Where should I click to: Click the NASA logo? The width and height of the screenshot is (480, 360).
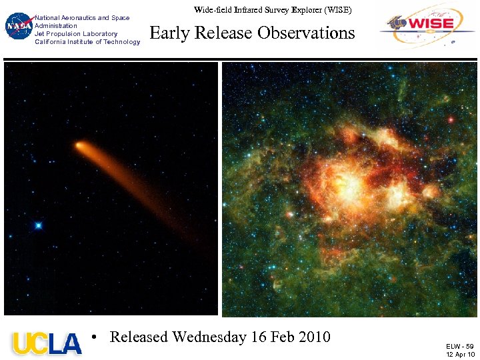pyautogui.click(x=18, y=27)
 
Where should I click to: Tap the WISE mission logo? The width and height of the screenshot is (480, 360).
pyautogui.click(x=427, y=25)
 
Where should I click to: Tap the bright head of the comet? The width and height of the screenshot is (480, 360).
pyautogui.click(x=79, y=145)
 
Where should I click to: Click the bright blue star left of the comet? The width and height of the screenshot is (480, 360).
pyautogui.click(x=39, y=225)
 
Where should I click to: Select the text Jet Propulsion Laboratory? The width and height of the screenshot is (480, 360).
pyautogui.click(x=76, y=33)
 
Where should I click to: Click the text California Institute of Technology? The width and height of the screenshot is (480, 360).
pyautogui.click(x=87, y=41)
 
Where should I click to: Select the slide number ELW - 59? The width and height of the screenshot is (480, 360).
pyautogui.click(x=459, y=346)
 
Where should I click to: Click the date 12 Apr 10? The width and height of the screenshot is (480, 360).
pyautogui.click(x=460, y=354)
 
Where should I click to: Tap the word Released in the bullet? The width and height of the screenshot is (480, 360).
pyautogui.click(x=139, y=337)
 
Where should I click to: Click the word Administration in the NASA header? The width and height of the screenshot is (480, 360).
pyautogui.click(x=56, y=25)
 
